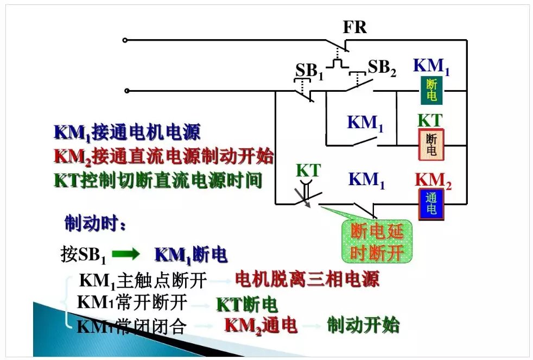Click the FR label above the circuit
pyautogui.click(x=354, y=27)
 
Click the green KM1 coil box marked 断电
pyautogui.click(x=432, y=90)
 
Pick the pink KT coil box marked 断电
pyautogui.click(x=431, y=144)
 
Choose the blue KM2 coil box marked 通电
pyautogui.click(x=431, y=204)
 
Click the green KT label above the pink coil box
pyautogui.click(x=430, y=121)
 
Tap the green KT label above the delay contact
pyautogui.click(x=308, y=170)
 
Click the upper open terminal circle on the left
pyautogui.click(x=125, y=40)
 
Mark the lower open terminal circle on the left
pyautogui.click(x=126, y=91)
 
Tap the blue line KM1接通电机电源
pyautogui.click(x=127, y=132)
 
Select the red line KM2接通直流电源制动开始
pyautogui.click(x=163, y=156)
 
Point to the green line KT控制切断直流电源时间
pyautogui.click(x=158, y=180)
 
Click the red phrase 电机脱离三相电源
pyautogui.click(x=307, y=279)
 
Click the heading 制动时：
pyautogui.click(x=95, y=223)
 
